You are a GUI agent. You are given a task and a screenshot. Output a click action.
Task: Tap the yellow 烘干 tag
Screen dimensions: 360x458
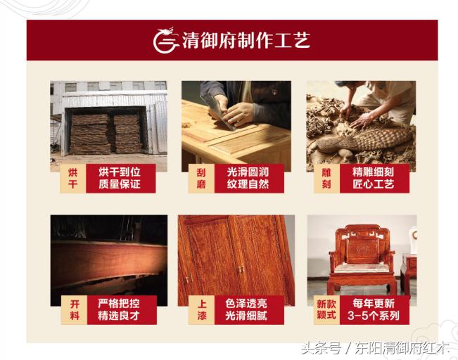pyautogui.click(x=72, y=179)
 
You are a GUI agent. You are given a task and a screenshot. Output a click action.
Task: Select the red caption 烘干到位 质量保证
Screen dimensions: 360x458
pyautogui.click(x=120, y=179)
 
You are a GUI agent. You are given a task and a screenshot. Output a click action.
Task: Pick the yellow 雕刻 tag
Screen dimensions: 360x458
pyautogui.click(x=327, y=179)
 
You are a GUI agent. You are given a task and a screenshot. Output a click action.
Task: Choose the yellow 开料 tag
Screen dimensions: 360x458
pyautogui.click(x=72, y=310)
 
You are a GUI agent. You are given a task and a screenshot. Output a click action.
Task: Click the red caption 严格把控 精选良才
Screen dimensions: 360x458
pyautogui.click(x=120, y=310)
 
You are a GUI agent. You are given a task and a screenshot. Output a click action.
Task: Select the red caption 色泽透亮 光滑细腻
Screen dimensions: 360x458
pyautogui.click(x=248, y=310)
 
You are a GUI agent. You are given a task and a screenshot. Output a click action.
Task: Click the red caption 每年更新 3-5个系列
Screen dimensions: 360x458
pyautogui.click(x=375, y=310)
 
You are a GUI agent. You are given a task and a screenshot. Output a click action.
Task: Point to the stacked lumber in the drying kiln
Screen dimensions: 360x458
pyautogui.click(x=106, y=133)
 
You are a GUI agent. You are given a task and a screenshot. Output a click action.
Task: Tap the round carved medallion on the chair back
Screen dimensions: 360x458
pyautogui.click(x=360, y=247)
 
